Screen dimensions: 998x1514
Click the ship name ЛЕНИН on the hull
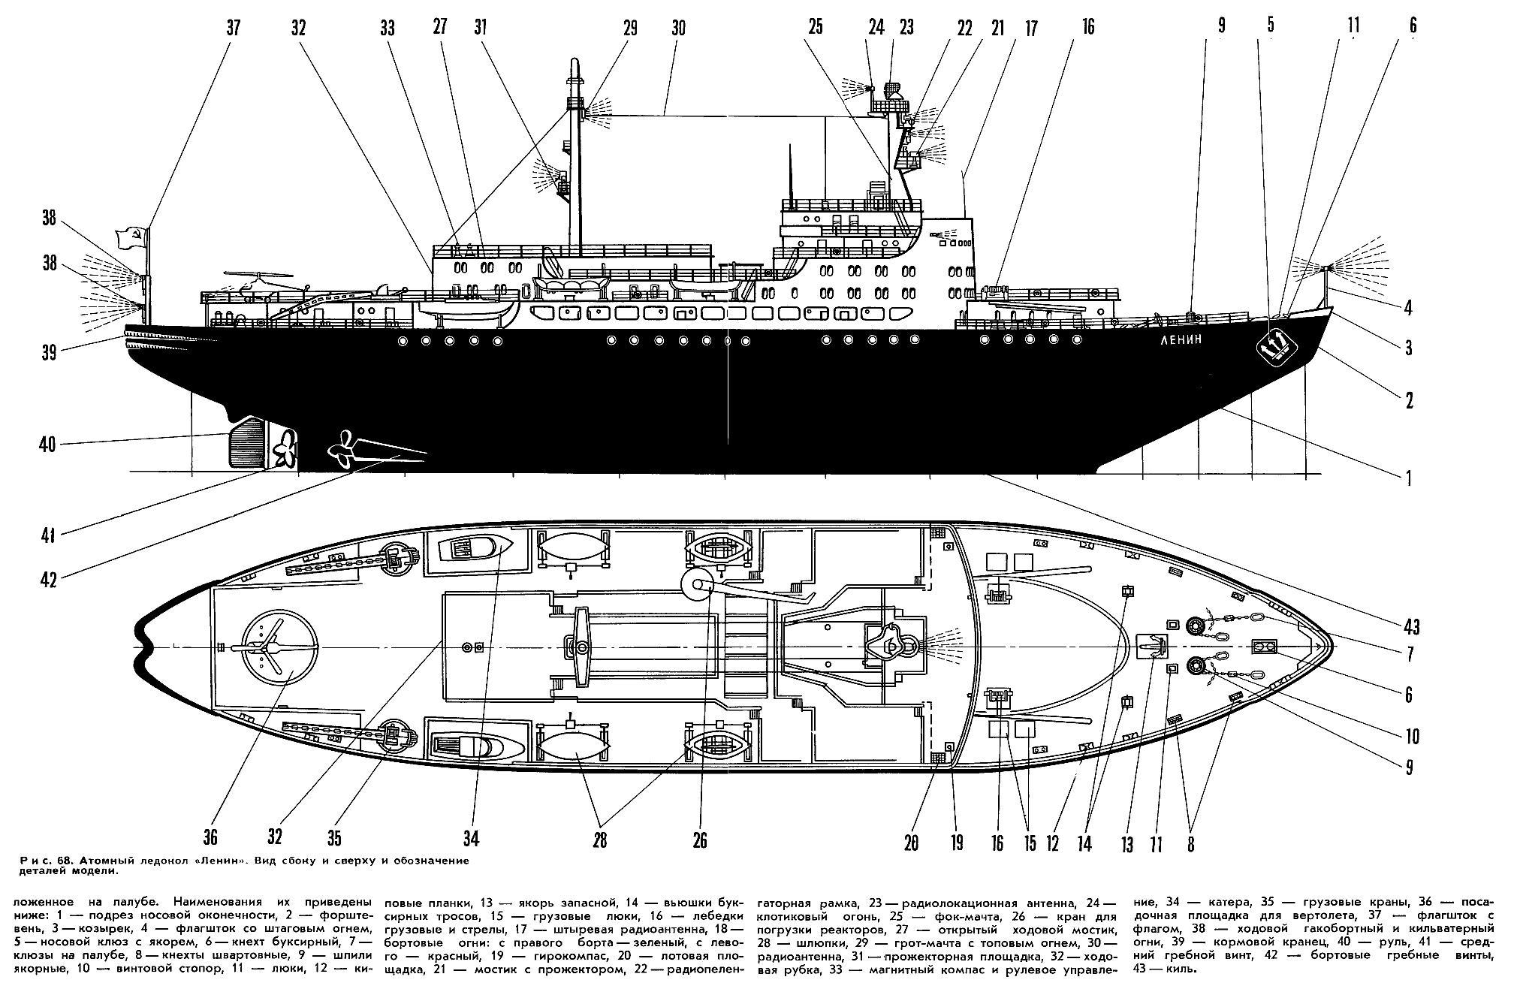[x=1181, y=339]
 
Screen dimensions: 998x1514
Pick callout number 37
[x=234, y=28]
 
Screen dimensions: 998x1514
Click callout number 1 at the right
[x=1409, y=478]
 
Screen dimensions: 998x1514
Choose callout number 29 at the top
[x=629, y=28]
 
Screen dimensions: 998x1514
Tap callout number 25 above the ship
[x=816, y=28]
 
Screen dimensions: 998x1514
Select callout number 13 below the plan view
[x=1126, y=844]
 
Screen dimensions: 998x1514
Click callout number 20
[x=911, y=843]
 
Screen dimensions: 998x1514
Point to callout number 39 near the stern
[x=49, y=353]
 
